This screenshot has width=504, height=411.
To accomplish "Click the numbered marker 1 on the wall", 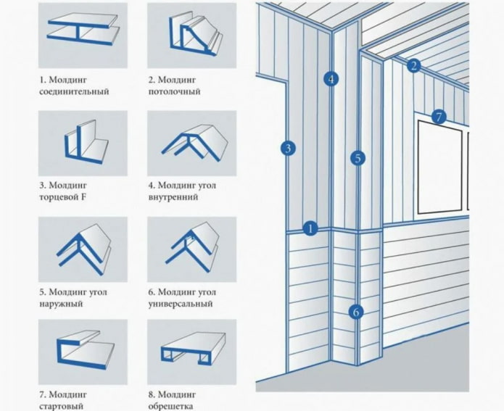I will [x=310, y=228].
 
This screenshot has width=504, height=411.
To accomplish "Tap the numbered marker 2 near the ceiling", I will [x=414, y=65].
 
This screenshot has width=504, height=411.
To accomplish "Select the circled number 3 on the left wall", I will [x=288, y=149].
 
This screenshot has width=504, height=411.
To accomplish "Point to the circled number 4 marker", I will [x=331, y=79].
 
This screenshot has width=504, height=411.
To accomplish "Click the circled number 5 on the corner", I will [x=357, y=157].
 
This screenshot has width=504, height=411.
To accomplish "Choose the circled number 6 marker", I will [x=355, y=312].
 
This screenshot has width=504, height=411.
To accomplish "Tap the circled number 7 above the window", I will [x=437, y=116].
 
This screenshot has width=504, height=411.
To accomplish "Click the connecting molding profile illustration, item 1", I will [x=83, y=35].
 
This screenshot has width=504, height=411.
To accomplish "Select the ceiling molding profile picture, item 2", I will [x=191, y=35].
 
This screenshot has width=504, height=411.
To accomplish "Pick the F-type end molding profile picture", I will [x=83, y=141].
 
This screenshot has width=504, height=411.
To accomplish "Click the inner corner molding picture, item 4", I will [x=191, y=141].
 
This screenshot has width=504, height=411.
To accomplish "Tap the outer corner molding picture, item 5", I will [x=83, y=249].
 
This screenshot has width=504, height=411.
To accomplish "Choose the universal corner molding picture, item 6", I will [x=191, y=249].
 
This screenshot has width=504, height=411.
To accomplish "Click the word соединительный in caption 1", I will [x=74, y=92].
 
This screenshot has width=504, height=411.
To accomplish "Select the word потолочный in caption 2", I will [x=175, y=92].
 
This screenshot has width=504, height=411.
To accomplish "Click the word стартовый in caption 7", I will [x=62, y=407].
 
